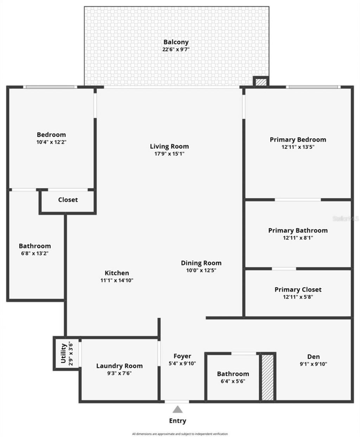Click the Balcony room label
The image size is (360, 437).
click(x=176, y=42)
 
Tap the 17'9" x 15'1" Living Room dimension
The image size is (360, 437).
click(x=169, y=154)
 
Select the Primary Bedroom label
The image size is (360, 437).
click(x=298, y=139)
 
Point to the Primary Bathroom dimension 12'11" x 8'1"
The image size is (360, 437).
click(x=298, y=238)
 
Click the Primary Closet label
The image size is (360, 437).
click(x=298, y=289)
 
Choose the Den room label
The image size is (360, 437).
click(x=313, y=357)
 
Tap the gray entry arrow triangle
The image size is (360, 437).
click(x=178, y=409)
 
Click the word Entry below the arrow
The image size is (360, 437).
click(x=178, y=420)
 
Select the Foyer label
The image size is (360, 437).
click(x=182, y=356)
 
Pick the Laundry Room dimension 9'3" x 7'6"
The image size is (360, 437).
click(x=120, y=373)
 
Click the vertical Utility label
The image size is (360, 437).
click(x=63, y=353)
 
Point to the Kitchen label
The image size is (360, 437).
click(x=117, y=273)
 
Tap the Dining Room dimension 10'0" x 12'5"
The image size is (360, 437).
click(x=201, y=270)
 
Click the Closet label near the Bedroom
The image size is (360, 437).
click(x=68, y=200)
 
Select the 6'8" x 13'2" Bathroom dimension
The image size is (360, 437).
click(x=34, y=253)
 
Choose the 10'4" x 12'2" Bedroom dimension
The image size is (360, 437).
click(x=51, y=142)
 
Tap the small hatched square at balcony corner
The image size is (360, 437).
click(x=261, y=82)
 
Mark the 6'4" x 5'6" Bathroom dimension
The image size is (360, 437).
click(x=233, y=381)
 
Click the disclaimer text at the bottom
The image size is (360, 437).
click(x=180, y=434)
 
